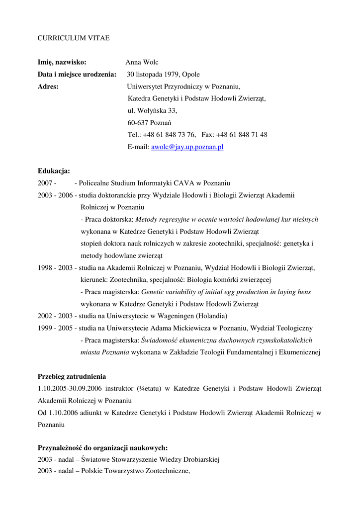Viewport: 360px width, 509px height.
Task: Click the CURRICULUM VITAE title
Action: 74,38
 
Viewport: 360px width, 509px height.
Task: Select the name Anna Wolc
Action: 142,63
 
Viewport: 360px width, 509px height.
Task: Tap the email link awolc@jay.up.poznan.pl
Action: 187,147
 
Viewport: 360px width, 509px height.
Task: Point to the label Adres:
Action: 48,86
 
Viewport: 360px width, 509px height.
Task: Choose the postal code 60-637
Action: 137,122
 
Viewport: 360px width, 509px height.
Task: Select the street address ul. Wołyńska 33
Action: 152,110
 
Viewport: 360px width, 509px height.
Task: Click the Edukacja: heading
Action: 54,171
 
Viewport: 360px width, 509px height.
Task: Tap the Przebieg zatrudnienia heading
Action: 72,377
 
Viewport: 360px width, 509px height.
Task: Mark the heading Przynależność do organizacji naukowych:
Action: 102,448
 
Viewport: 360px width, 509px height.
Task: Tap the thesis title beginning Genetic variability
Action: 226,292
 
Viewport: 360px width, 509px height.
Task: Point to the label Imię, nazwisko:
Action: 62,63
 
